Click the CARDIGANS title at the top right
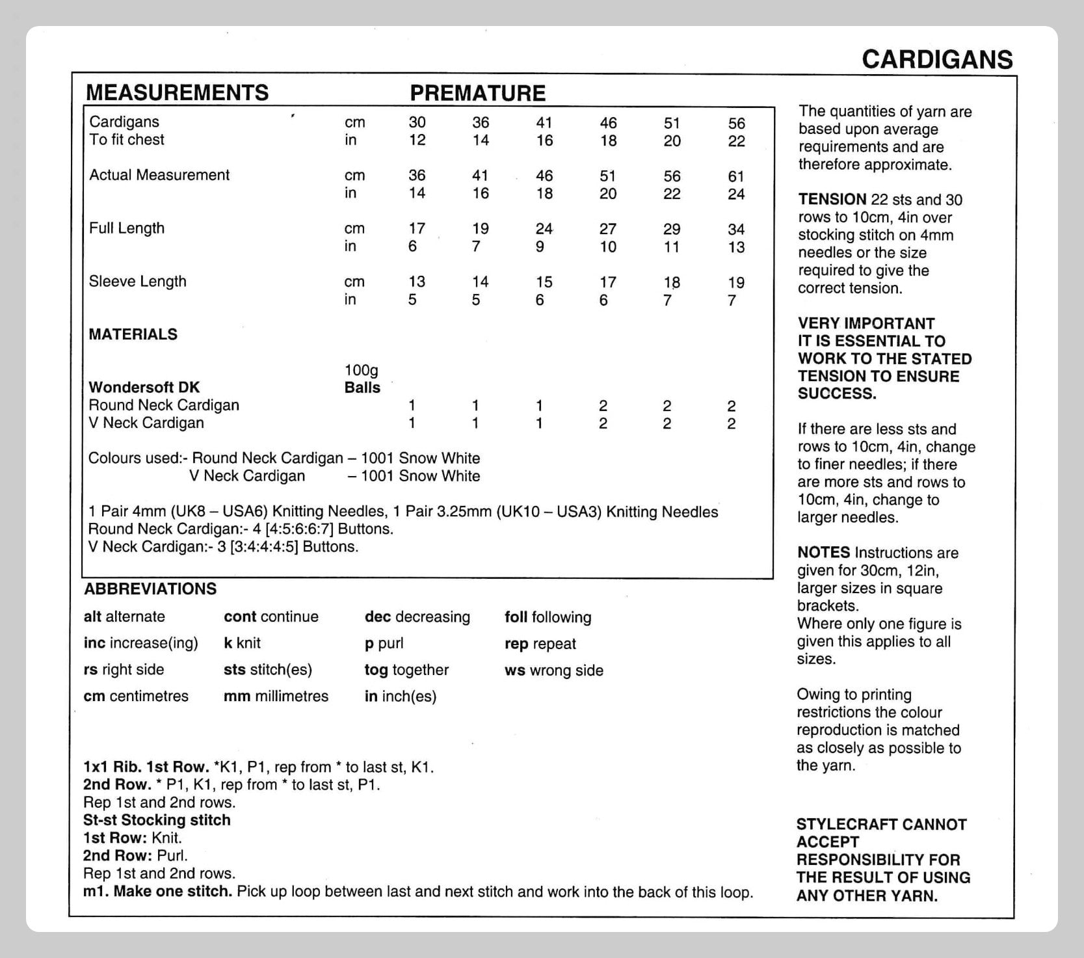tap(937, 59)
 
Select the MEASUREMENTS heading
tap(177, 92)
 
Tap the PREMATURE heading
tap(477, 93)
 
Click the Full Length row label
tap(127, 228)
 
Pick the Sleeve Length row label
tap(138, 282)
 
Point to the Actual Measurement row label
tap(159, 175)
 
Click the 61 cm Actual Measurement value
tap(736, 176)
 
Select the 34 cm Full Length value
tap(736, 230)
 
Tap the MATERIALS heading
tap(133, 334)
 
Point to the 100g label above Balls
tap(361, 370)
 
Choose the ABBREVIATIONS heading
tap(150, 589)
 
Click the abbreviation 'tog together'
tap(406, 670)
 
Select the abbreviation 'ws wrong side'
tap(553, 671)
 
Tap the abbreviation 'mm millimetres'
tap(276, 697)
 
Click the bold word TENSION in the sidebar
tap(832, 200)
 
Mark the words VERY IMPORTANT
tap(866, 323)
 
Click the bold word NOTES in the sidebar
tap(823, 553)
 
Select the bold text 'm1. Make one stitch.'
tap(157, 892)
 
